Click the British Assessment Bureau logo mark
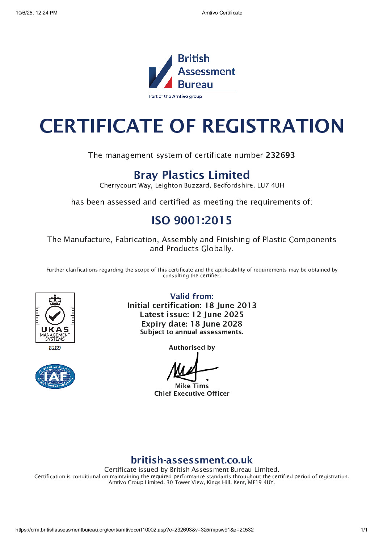tap(161, 72)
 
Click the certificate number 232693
tap(280, 155)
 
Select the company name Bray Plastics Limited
tap(191, 175)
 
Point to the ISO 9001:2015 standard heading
tap(191, 220)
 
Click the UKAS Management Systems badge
tap(55, 318)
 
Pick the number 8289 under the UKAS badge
tap(55, 348)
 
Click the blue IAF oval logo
tap(55, 377)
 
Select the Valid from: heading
tap(192, 296)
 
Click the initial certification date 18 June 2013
tap(231, 306)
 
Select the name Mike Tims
tap(192, 386)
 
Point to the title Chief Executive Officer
tap(192, 394)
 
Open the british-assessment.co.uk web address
tap(191, 460)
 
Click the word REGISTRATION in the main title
tap(273, 126)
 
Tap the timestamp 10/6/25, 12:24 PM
tap(37, 13)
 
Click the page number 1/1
tap(364, 530)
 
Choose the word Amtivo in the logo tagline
tap(180, 96)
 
